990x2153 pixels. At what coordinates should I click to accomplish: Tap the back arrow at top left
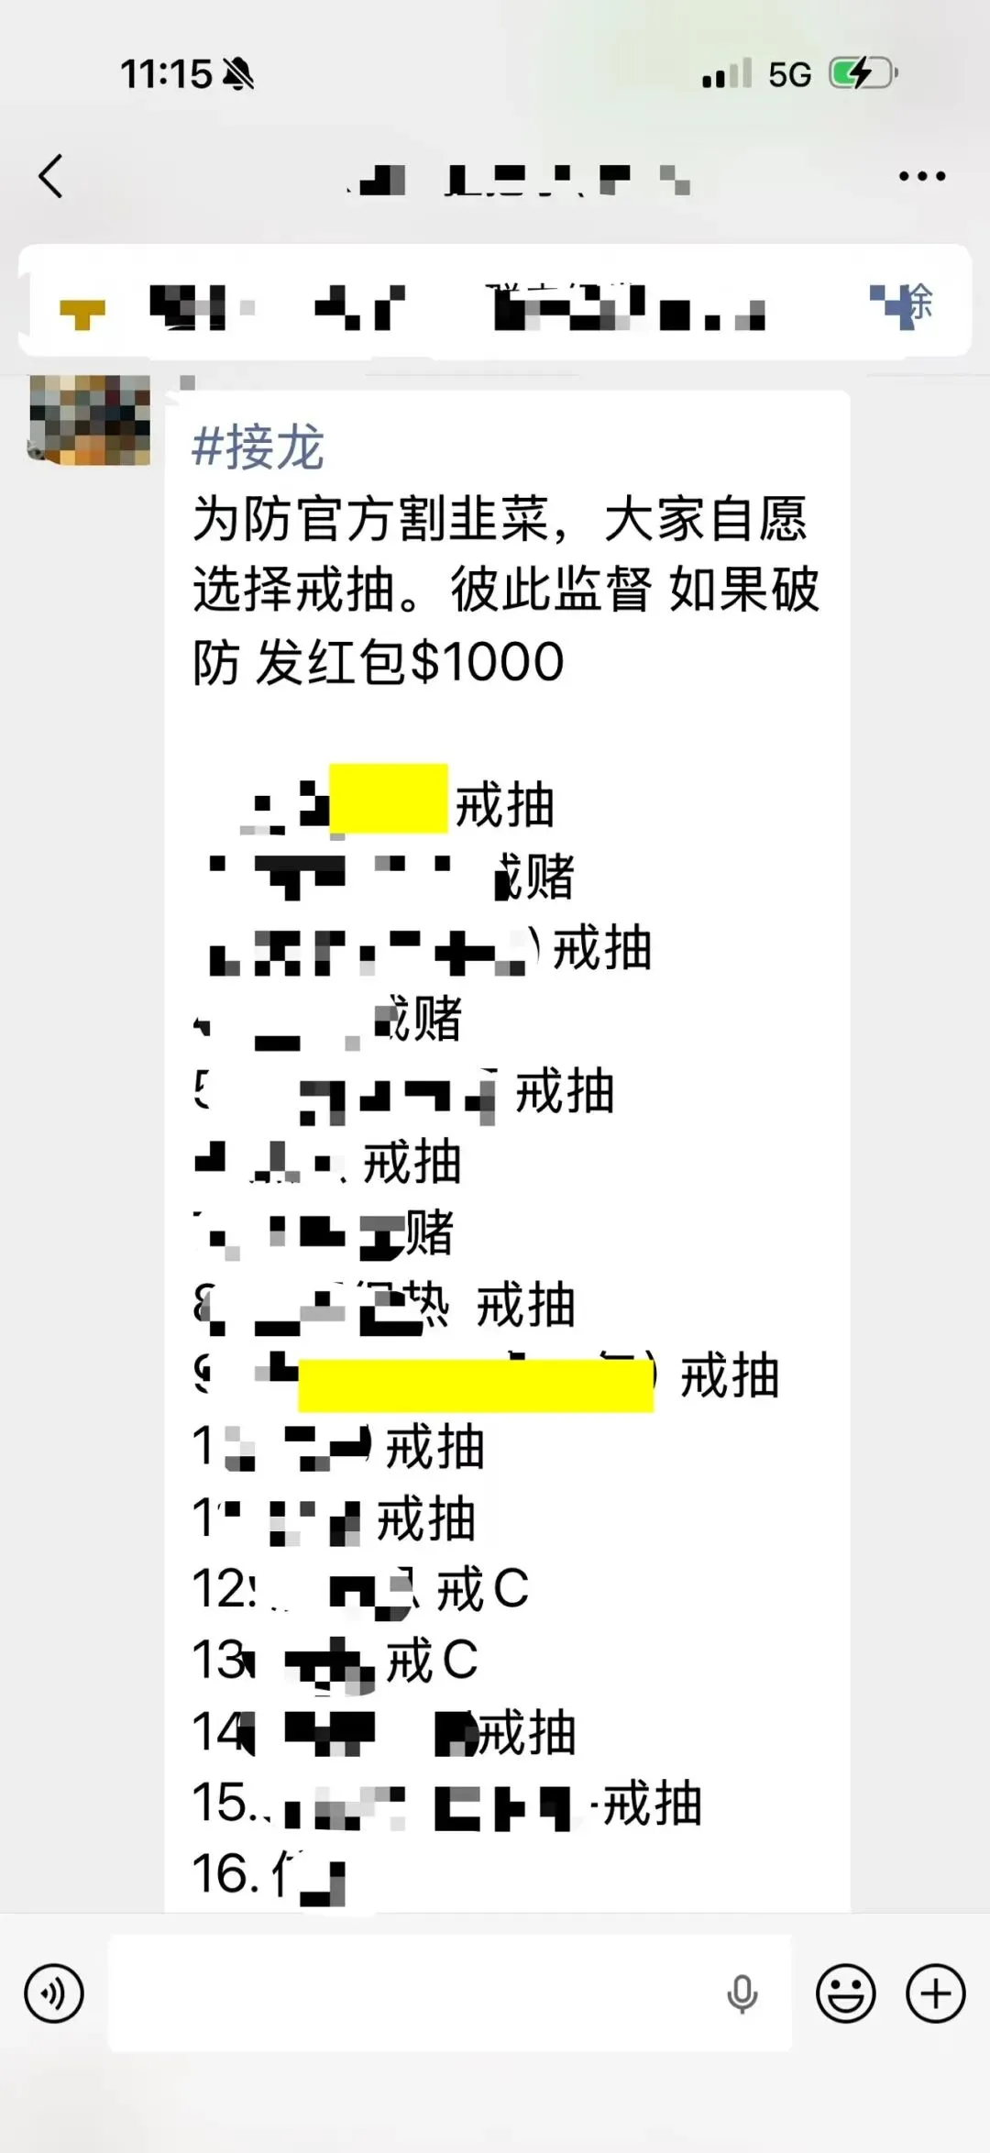coord(51,175)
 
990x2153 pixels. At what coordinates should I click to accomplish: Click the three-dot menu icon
coord(921,176)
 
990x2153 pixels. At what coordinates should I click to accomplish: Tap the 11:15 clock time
coord(166,74)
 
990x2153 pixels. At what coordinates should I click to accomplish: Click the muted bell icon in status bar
coord(238,74)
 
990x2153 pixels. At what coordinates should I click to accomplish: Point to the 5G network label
coord(789,74)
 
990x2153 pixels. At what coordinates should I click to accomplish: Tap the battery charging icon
coord(862,73)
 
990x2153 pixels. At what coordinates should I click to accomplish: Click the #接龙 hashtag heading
coord(258,448)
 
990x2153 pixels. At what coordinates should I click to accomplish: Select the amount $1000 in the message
coord(487,662)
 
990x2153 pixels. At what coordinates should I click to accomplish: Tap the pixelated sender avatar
coord(90,420)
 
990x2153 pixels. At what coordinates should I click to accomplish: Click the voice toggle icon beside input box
coord(54,1993)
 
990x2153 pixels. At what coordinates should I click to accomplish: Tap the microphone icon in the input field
coord(742,1993)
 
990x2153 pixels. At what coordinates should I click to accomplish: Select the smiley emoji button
coord(845,1993)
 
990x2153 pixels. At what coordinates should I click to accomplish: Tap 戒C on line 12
coord(482,1589)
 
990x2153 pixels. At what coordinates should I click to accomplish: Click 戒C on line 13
coord(432,1661)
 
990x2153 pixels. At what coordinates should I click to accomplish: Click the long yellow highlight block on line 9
coord(475,1386)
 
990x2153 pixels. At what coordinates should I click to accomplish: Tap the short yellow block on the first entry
coord(388,798)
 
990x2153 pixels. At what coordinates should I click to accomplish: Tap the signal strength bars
coord(727,74)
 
